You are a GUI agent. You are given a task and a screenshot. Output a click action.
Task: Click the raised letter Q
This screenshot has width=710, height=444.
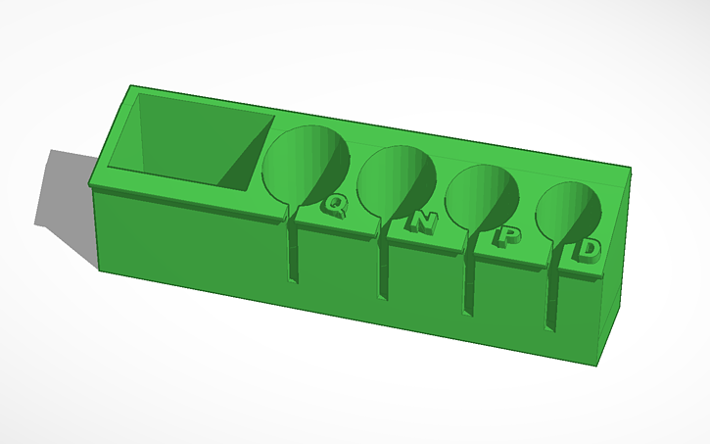click(335, 205)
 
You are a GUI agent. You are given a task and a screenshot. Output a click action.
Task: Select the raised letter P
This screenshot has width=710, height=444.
click(508, 236)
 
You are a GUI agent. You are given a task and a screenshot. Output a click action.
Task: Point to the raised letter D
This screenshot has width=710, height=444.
click(589, 250)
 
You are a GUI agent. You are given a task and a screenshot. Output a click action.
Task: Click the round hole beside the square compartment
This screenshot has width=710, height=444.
click(306, 166)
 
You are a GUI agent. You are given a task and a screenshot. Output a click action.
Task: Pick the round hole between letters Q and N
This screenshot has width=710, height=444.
click(397, 181)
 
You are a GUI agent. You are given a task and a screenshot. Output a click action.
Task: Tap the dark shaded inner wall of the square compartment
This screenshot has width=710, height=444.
click(245, 157)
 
